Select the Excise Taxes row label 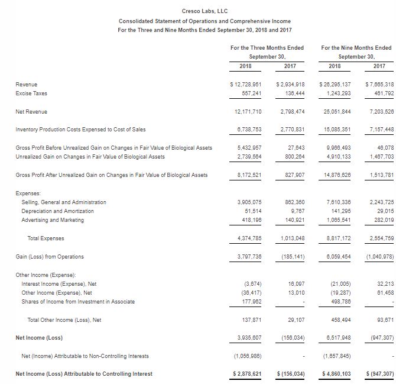pyautogui.click(x=31, y=93)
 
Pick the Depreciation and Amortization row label pyautogui.click(x=57, y=211)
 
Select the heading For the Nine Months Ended pyautogui.click(x=356, y=47)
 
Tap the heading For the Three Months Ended pyautogui.click(x=268, y=47)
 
